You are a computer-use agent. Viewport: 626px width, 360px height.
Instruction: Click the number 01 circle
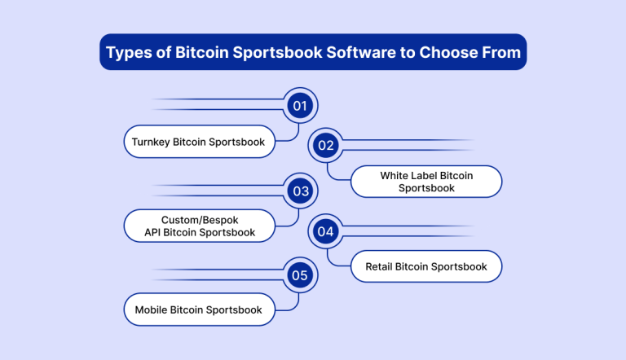pos(300,106)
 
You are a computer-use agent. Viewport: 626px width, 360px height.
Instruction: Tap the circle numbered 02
pos(326,145)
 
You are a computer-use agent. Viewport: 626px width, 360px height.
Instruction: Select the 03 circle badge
pos(300,191)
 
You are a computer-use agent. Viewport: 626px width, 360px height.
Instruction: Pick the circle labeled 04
pos(326,231)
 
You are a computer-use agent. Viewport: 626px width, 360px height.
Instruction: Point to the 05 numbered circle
pos(300,275)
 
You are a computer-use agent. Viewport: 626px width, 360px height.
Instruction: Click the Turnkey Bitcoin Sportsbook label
pos(199,142)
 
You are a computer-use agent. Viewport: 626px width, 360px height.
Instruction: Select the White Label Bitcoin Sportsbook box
pos(426,182)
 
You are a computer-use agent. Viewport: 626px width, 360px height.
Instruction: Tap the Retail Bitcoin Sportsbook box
pos(426,266)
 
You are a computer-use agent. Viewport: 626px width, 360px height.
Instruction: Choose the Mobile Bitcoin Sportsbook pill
pos(199,310)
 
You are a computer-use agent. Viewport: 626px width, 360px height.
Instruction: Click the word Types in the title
pos(129,53)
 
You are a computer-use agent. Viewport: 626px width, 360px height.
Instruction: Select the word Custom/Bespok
pos(200,220)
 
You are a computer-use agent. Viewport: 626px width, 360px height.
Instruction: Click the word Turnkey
pos(151,142)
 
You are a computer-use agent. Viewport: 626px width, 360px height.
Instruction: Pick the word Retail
pos(378,266)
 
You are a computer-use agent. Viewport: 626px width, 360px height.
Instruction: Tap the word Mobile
pos(151,310)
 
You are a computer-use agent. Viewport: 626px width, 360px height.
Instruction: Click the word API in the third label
pos(152,232)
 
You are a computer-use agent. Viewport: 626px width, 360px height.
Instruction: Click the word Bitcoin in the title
pos(201,52)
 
